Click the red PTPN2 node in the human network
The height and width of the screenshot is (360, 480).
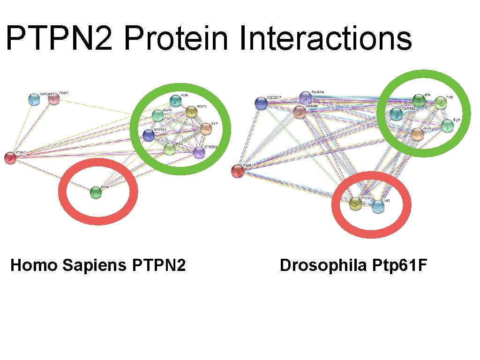10,158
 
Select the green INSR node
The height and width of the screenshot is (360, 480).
96,193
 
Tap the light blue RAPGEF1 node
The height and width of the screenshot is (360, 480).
34,99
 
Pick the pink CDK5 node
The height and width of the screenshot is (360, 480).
54,99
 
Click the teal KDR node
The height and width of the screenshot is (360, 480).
175,100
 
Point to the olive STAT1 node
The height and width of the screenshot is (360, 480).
191,112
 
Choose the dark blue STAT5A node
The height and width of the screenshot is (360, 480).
149,135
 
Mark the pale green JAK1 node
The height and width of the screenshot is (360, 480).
170,149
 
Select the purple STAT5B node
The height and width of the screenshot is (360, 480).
199,152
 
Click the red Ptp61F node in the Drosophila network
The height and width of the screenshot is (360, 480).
238,171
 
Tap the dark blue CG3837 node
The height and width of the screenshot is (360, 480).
262,104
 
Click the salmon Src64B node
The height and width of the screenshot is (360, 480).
300,112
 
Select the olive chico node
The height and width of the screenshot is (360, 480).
356,204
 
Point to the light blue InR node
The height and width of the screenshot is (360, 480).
378,206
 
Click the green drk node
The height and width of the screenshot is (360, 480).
419,100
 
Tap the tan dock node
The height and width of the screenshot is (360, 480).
418,135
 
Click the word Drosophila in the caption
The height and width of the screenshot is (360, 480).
323,265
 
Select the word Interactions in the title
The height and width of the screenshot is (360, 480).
326,38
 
